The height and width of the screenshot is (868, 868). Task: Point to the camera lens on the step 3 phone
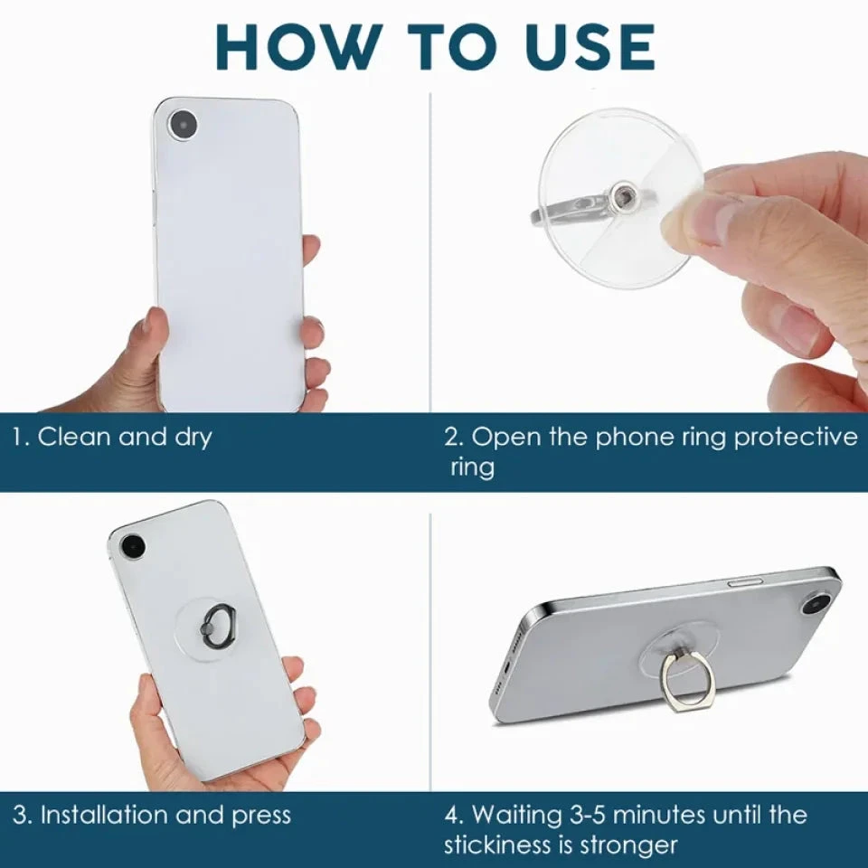tap(133, 546)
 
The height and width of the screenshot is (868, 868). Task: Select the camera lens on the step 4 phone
tap(816, 600)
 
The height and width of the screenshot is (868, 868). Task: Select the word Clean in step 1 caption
tap(75, 438)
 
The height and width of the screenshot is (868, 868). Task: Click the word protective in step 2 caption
tap(795, 438)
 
